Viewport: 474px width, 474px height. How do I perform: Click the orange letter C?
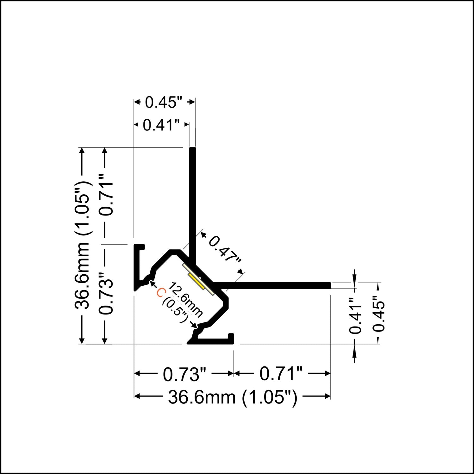[160, 293]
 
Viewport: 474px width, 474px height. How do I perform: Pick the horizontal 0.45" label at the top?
[164, 102]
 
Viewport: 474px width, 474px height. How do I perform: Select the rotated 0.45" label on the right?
[378, 314]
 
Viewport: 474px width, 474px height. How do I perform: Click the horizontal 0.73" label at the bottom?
[184, 374]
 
